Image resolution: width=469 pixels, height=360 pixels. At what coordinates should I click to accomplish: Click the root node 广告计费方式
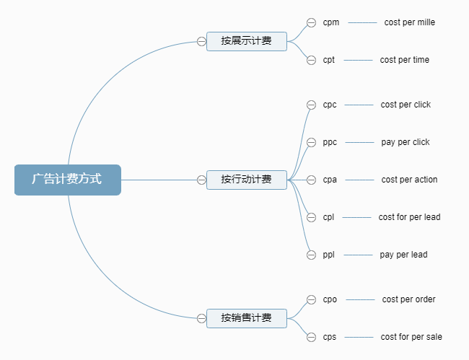click(x=67, y=180)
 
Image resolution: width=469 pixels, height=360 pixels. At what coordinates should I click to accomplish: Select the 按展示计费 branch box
click(x=247, y=41)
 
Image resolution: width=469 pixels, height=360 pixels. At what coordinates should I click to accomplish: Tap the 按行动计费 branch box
click(x=247, y=180)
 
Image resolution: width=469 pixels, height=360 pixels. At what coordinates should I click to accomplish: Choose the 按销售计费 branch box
click(x=247, y=318)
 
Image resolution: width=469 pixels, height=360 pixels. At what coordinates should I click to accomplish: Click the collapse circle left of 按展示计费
click(x=201, y=41)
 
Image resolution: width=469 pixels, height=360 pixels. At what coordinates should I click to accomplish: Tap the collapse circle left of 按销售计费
click(x=201, y=318)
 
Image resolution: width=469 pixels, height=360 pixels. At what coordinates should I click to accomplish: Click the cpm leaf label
click(x=331, y=22)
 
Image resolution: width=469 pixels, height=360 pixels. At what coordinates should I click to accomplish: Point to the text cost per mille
click(x=410, y=22)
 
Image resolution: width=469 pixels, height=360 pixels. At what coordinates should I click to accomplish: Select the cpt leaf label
click(x=329, y=60)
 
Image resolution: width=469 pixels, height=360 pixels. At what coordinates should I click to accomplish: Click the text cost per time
click(x=405, y=60)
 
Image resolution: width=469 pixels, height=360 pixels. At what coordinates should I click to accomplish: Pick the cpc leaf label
click(x=330, y=105)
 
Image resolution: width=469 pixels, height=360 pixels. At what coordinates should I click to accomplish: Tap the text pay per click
click(x=406, y=142)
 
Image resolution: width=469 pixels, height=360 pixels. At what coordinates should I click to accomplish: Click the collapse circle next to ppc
click(x=311, y=142)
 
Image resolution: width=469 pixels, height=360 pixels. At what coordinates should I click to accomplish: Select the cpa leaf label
click(x=330, y=180)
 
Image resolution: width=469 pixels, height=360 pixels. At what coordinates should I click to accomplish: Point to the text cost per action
click(x=409, y=180)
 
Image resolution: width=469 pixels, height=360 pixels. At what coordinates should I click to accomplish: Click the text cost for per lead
click(x=409, y=217)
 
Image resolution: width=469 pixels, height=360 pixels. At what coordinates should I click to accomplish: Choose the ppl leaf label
click(x=329, y=255)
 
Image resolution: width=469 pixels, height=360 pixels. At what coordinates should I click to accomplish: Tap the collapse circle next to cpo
click(x=311, y=299)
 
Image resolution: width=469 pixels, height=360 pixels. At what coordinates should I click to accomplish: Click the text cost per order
click(x=409, y=299)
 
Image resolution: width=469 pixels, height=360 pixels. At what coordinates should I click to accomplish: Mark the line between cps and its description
click(x=358, y=337)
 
